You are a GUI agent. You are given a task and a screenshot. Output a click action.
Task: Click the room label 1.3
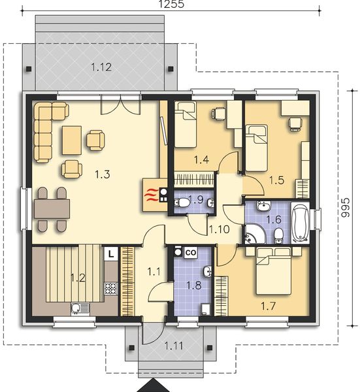(x=101, y=174)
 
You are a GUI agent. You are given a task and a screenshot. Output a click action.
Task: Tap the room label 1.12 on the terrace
(x=101, y=66)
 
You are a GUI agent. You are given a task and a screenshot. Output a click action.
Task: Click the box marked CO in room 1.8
(x=191, y=252)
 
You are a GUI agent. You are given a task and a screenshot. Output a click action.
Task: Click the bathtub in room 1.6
(x=301, y=223)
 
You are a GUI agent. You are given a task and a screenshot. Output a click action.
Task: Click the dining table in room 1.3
(x=52, y=209)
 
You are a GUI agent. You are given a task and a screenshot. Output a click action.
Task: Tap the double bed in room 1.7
(x=275, y=270)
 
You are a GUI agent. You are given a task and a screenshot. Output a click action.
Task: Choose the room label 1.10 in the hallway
(x=219, y=229)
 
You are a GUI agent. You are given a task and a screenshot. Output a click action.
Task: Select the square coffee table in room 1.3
(x=71, y=138)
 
